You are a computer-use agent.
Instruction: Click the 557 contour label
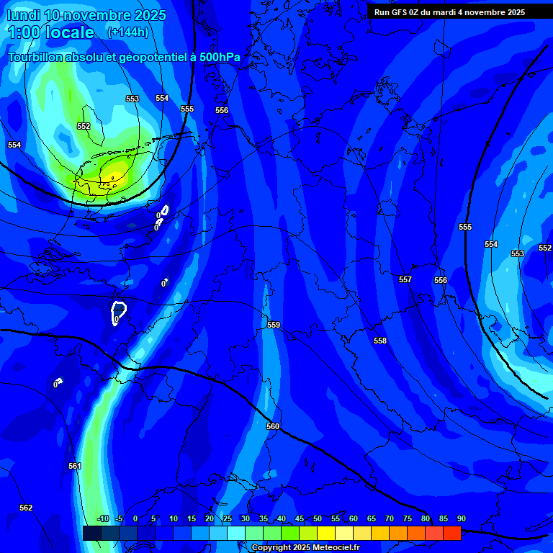pos(405,279)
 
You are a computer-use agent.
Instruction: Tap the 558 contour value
pos(380,341)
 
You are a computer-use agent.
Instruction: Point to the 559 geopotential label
pos(274,325)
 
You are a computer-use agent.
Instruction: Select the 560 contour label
pos(273,426)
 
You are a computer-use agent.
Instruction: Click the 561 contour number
pos(75,466)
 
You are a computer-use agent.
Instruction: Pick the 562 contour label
pos(26,508)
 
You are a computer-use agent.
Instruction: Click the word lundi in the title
pos(23,15)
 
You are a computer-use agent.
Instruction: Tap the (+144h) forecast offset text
pos(128,32)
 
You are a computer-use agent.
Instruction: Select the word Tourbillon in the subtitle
pos(36,57)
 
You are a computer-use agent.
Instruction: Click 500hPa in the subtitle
pos(220,57)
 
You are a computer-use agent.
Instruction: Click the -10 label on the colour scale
pos(102,519)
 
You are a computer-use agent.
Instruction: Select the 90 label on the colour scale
pos(461,519)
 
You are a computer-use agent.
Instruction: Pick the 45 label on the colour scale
pos(300,519)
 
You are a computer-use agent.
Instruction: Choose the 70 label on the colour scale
pos(390,519)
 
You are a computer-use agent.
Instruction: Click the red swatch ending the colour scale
pos(451,533)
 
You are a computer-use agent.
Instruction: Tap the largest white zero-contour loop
pos(119,313)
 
